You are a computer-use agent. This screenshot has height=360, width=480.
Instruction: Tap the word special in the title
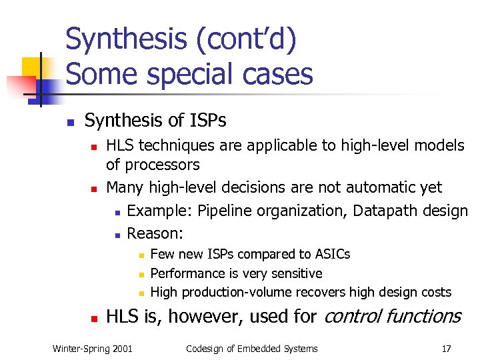(184, 73)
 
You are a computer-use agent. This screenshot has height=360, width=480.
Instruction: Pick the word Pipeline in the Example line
(225, 211)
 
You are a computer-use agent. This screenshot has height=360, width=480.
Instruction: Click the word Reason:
(155, 233)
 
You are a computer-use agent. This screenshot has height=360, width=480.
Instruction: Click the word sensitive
(296, 273)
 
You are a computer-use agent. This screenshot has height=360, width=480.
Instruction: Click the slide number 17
(446, 348)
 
